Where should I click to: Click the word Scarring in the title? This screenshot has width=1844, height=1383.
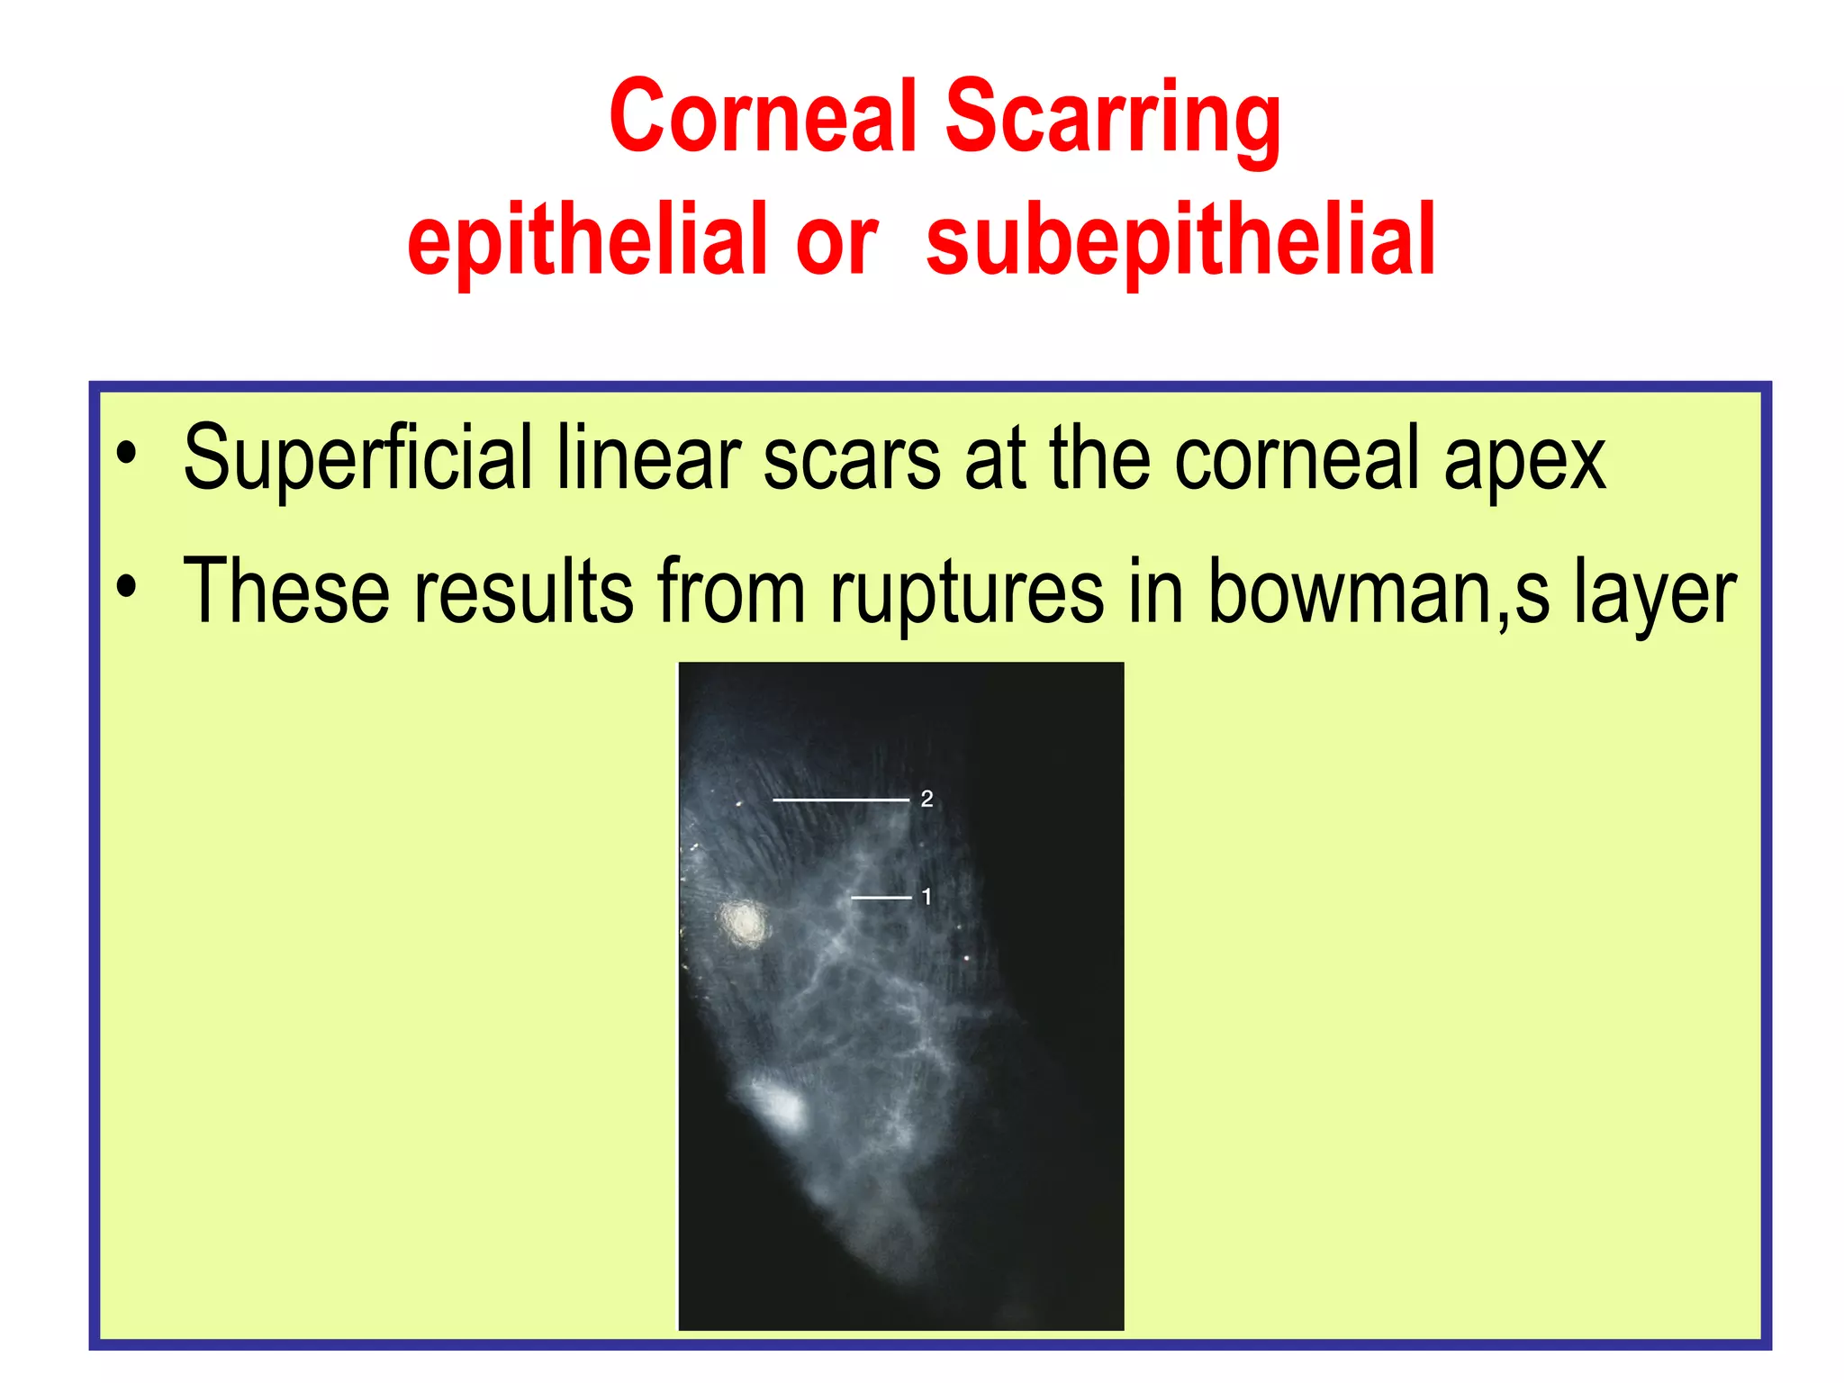[x=1113, y=119]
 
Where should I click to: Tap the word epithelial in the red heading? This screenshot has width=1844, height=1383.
[x=586, y=240]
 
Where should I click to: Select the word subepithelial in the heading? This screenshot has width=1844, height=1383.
[x=1180, y=240]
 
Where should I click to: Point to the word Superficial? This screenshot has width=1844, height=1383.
[x=357, y=459]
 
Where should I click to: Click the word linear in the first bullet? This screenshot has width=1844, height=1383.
[x=648, y=459]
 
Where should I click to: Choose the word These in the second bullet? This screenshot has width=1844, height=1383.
[x=286, y=592]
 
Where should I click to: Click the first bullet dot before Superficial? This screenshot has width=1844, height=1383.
[x=127, y=453]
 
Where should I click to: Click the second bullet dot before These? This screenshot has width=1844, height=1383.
[x=127, y=586]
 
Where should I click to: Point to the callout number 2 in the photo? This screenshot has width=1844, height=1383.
[x=927, y=799]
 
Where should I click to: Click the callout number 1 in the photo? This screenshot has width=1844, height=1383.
[x=927, y=897]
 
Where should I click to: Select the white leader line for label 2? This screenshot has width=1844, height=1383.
[x=840, y=800]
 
